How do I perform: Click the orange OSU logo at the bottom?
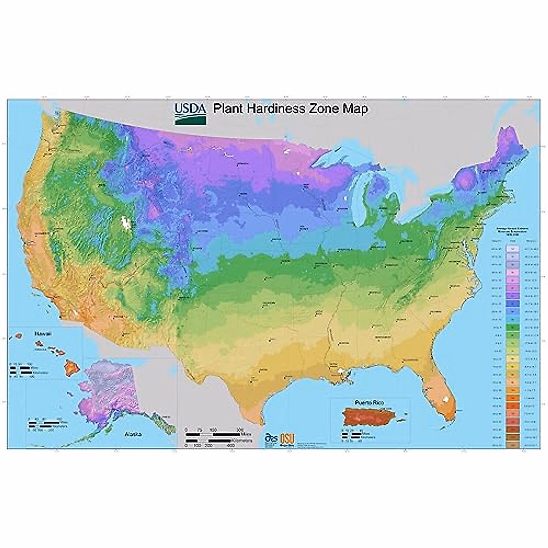(287, 438)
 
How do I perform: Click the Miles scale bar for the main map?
(215, 431)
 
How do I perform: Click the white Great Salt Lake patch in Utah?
(124, 222)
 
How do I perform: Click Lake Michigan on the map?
(360, 192)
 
